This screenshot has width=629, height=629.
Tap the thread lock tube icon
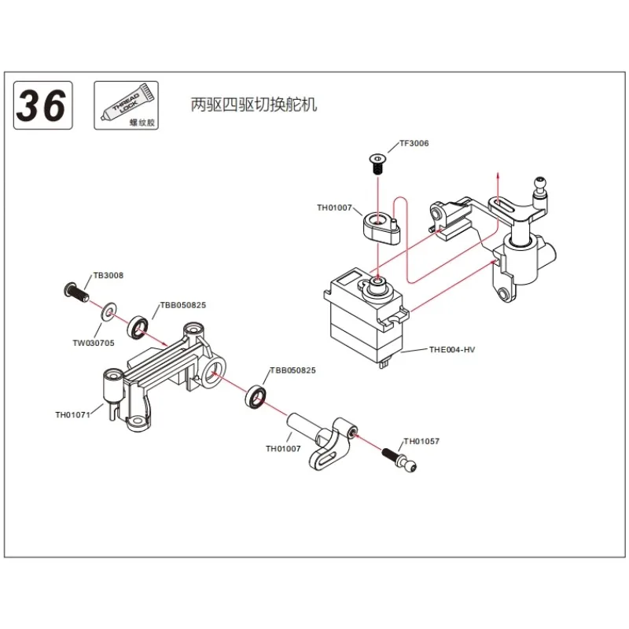(x=124, y=105)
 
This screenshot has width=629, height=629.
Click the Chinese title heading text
(x=254, y=105)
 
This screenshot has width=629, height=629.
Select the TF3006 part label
(x=414, y=144)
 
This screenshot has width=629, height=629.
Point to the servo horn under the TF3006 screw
(x=381, y=224)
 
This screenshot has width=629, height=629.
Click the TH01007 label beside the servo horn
(x=336, y=208)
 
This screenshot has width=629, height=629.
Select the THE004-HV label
(x=452, y=348)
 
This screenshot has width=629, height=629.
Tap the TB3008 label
(x=108, y=276)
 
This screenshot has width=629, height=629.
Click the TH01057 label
(x=421, y=441)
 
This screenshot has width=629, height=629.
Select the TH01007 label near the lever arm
(x=284, y=449)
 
